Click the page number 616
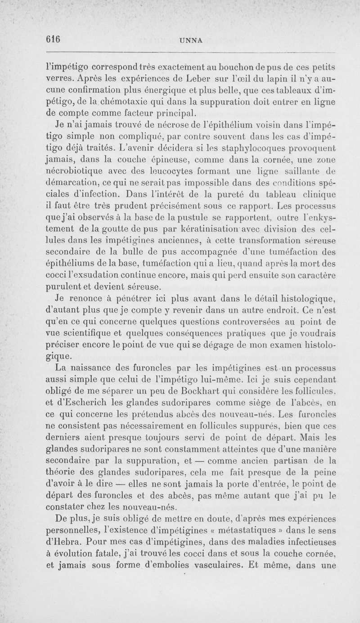tap(53, 39)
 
